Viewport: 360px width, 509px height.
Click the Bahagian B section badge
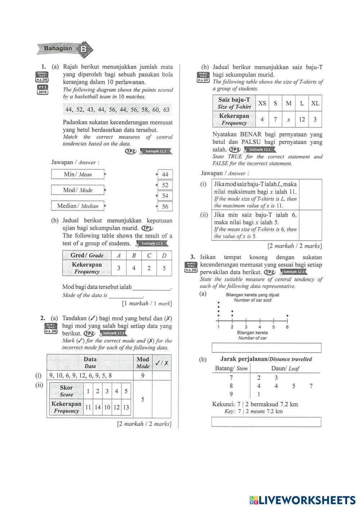(65, 49)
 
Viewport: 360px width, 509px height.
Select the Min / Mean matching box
(78, 174)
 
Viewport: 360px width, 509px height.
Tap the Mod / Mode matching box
(78, 190)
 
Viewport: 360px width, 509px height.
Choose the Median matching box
(78, 206)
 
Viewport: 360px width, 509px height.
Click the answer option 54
(165, 196)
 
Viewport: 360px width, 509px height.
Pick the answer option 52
(165, 185)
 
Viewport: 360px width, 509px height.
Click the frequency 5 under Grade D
(164, 268)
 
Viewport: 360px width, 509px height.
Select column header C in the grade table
(149, 256)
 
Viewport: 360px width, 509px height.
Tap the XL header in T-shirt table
(315, 103)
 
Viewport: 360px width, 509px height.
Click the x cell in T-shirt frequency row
(288, 120)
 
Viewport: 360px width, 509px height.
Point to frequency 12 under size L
(302, 120)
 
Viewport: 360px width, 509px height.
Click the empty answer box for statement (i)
(311, 194)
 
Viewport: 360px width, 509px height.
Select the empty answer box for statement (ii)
(311, 225)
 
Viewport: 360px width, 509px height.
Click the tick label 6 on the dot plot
(287, 327)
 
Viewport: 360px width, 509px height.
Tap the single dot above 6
(287, 316)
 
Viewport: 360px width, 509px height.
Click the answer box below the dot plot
(266, 348)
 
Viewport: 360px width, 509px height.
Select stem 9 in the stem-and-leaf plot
(231, 394)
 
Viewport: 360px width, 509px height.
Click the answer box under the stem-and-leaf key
(266, 422)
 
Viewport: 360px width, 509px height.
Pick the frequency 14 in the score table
(98, 407)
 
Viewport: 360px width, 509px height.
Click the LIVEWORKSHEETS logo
(302, 500)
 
